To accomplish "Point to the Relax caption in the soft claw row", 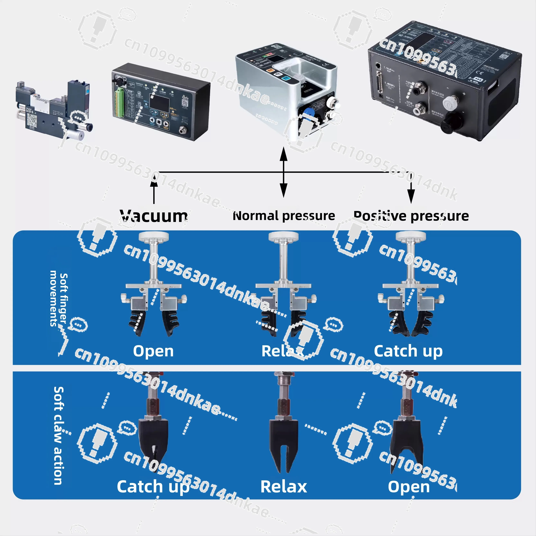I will pyautogui.click(x=284, y=487).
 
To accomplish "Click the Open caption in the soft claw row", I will pyautogui.click(x=409, y=487).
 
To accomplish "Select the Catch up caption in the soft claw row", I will pyautogui.click(x=153, y=487).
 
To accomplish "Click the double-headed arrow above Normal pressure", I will pyautogui.click(x=283, y=172).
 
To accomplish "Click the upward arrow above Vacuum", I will pyautogui.click(x=154, y=190).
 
